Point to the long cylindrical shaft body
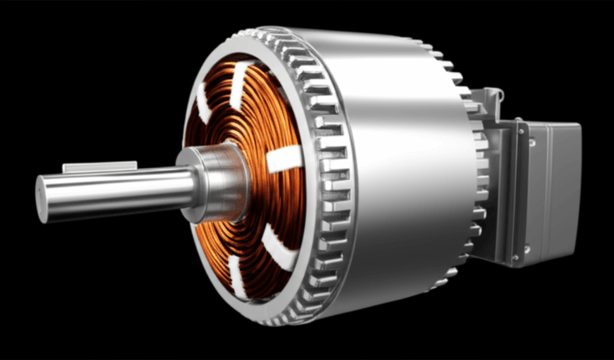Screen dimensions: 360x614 point(120,190)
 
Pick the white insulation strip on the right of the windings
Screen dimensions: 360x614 point(284,159)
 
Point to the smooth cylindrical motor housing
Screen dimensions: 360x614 point(400,160)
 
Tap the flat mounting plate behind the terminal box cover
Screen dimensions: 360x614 point(512,192)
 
